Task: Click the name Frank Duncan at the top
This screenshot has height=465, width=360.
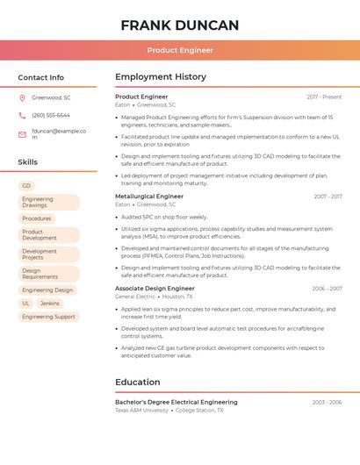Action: click(x=180, y=25)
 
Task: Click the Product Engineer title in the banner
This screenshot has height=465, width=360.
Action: click(x=180, y=50)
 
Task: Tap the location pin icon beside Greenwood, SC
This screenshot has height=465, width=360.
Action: click(x=22, y=97)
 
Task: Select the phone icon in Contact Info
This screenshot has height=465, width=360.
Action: click(x=22, y=115)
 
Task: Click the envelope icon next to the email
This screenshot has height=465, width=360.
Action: click(x=22, y=131)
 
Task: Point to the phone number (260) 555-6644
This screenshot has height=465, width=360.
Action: click(x=51, y=115)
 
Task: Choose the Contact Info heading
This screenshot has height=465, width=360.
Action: click(x=40, y=77)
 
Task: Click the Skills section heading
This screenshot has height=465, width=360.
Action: click(x=28, y=162)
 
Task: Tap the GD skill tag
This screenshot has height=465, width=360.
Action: click(x=26, y=186)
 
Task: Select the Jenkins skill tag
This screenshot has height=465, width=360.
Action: click(x=50, y=304)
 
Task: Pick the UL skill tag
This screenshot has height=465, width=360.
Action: click(x=26, y=304)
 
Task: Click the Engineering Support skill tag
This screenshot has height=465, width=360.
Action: click(x=48, y=317)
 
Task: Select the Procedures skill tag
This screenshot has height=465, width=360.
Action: click(x=37, y=218)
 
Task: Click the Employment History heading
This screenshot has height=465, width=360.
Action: click(x=161, y=77)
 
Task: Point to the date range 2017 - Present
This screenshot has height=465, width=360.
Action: click(x=324, y=97)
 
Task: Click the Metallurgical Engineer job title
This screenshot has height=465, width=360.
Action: click(x=149, y=197)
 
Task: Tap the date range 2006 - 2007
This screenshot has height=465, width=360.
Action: click(x=327, y=288)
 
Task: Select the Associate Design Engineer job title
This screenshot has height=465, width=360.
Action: click(x=155, y=288)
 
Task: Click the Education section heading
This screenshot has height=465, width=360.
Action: click(x=138, y=382)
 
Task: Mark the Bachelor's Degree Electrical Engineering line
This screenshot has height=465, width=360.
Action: click(x=176, y=402)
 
